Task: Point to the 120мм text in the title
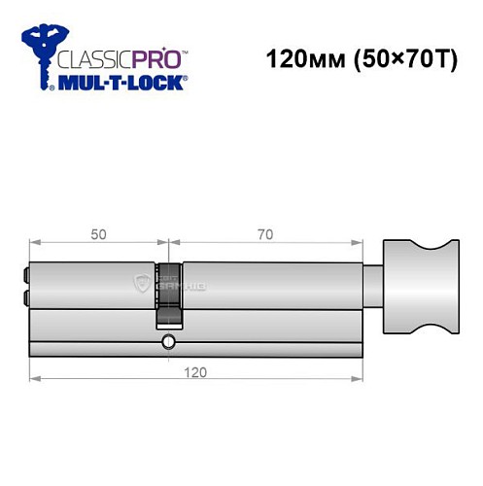point(297,58)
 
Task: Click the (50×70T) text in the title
point(394,58)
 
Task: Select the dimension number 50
point(99,233)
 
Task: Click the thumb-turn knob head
point(419,287)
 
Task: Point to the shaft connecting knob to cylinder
point(374,286)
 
